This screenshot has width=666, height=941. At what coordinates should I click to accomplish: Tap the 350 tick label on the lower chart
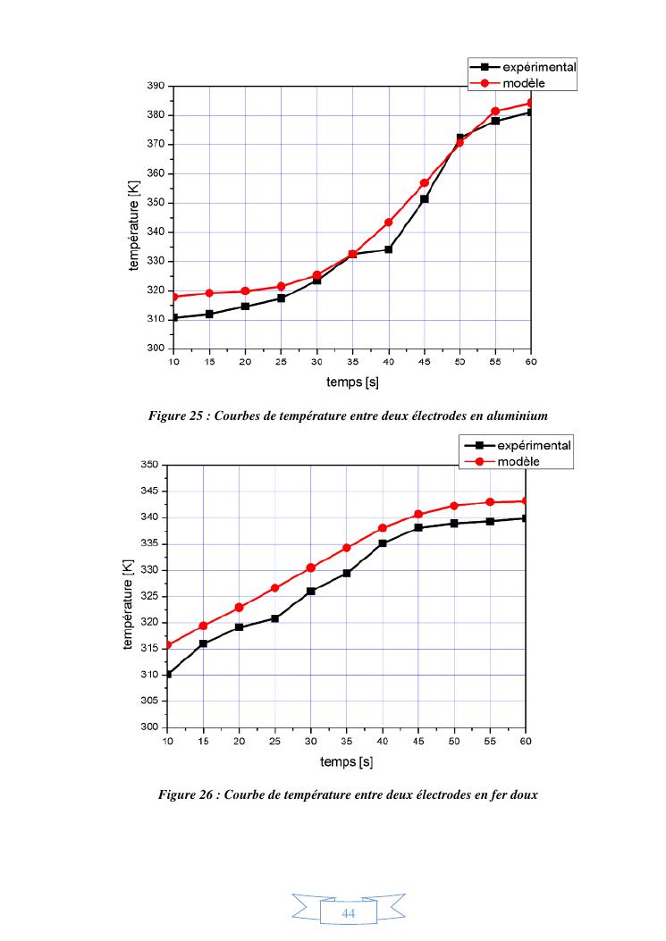151,465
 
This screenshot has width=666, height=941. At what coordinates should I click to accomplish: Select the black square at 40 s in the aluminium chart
389,249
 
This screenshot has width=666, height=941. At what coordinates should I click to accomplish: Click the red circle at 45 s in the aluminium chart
425,183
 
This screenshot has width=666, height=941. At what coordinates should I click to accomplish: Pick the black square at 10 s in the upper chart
174,317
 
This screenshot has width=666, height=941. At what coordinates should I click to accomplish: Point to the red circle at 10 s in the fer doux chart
168,644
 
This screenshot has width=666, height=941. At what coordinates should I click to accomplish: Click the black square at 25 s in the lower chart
275,618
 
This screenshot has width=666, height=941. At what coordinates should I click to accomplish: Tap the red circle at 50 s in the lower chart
454,506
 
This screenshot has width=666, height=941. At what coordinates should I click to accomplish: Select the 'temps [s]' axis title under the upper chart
352,382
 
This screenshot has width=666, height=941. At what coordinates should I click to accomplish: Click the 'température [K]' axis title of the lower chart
128,595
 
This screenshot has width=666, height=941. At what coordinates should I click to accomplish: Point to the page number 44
349,913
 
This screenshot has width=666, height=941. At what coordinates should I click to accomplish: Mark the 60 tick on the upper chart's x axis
531,362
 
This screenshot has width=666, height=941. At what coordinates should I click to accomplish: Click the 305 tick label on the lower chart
151,702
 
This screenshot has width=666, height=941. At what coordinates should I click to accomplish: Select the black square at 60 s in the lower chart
526,517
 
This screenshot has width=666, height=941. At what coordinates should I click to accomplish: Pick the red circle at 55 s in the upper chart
495,112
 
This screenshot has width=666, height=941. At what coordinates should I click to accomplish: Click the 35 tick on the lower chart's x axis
347,741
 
